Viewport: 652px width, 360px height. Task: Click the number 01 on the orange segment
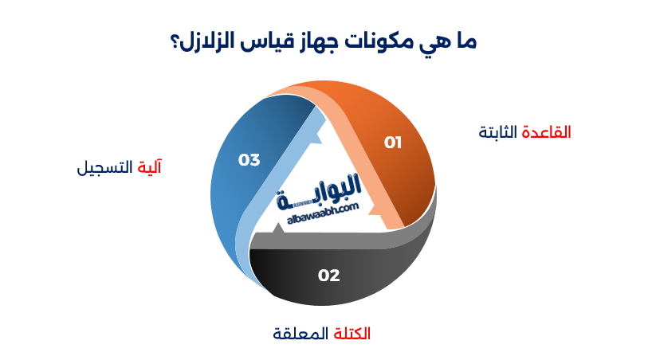pyautogui.click(x=392, y=143)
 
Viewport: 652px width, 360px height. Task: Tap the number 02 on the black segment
pyautogui.click(x=328, y=276)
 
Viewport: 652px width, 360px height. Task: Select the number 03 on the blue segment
pyautogui.click(x=249, y=159)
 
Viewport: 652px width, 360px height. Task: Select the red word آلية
pyautogui.click(x=150, y=167)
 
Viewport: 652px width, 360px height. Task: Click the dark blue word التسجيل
pyautogui.click(x=107, y=167)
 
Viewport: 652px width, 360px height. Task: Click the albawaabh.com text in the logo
pyautogui.click(x=320, y=211)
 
